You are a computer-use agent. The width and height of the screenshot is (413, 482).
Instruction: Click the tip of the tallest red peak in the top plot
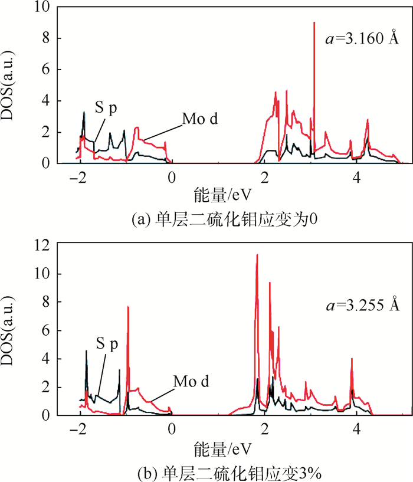(x=314, y=22)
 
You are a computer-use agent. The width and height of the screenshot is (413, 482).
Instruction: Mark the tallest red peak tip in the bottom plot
(x=257, y=255)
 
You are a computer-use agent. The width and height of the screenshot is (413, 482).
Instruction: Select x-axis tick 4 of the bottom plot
(x=358, y=428)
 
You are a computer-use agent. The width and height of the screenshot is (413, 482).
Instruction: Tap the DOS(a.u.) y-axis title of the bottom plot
(x=13, y=331)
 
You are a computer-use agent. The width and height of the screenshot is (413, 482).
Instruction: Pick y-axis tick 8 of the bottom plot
(x=48, y=303)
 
